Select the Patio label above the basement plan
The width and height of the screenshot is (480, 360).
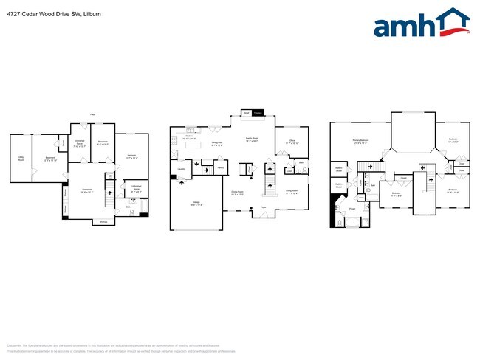tap(92, 114)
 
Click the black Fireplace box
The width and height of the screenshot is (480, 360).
tap(258, 113)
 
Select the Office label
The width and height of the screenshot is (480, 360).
tap(292, 141)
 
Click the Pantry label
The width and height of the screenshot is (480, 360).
tap(220, 167)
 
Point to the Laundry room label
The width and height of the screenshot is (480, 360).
tap(181, 169)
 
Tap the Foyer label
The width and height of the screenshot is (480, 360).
tap(262, 207)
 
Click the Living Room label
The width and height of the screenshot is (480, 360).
tap(292, 190)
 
